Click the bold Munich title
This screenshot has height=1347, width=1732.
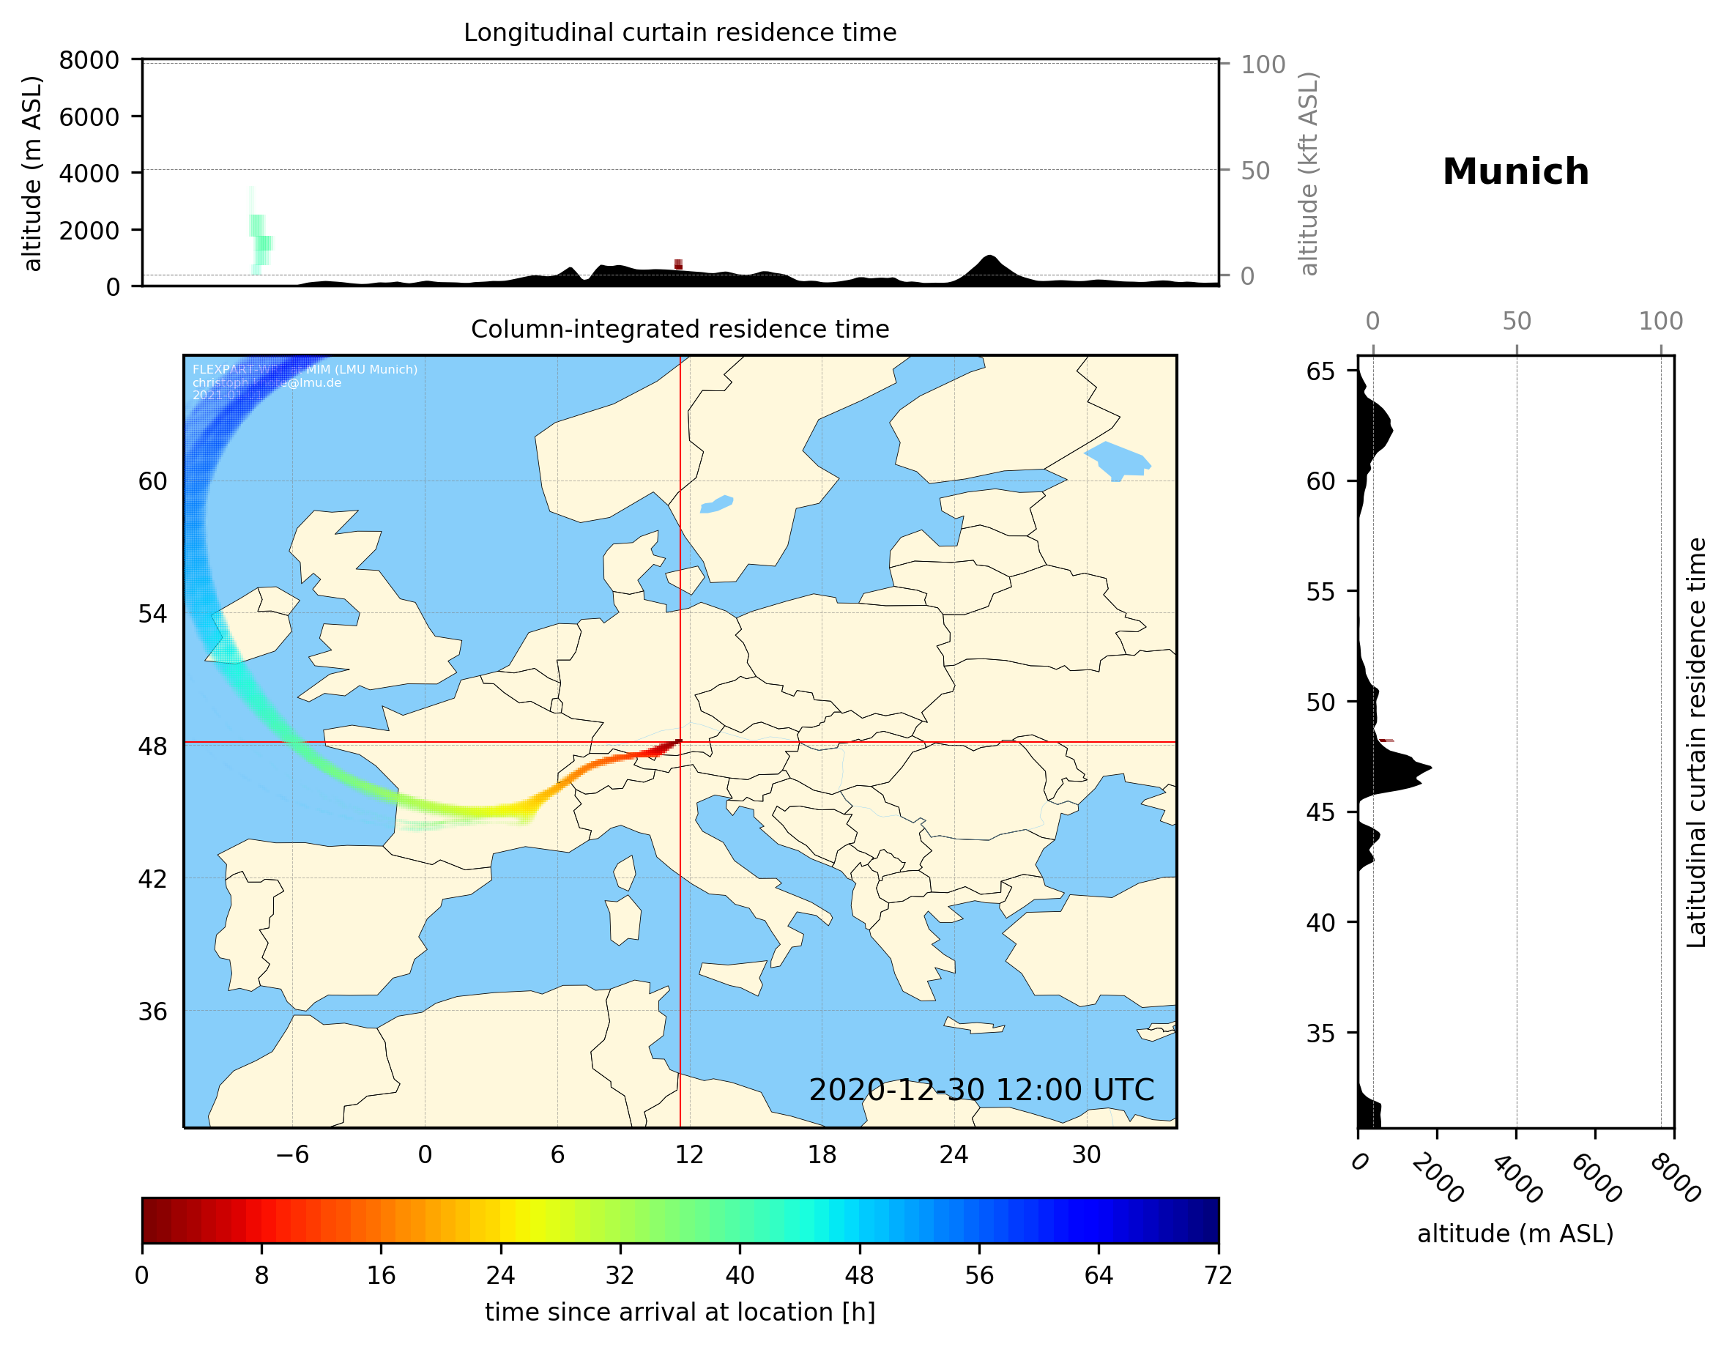(x=1514, y=172)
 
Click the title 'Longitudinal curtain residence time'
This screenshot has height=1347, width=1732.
(x=680, y=32)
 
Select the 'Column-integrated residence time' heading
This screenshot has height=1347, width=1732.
(x=680, y=329)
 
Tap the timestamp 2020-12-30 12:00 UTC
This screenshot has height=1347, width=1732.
(x=981, y=1090)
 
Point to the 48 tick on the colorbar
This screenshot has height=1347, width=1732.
(x=859, y=1276)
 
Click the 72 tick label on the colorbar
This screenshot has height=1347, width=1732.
(x=1217, y=1276)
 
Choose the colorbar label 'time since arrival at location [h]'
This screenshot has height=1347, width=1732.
(x=680, y=1312)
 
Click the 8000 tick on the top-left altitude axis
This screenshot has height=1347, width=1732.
(x=89, y=60)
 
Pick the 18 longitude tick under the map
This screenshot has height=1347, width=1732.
(x=822, y=1154)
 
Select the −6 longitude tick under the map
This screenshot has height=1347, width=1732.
(x=291, y=1154)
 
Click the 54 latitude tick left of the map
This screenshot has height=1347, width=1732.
(x=152, y=614)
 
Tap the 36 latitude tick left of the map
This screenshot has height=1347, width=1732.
(x=152, y=1012)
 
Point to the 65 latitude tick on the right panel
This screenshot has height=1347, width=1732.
(x=1320, y=371)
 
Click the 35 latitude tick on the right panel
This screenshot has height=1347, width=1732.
(x=1320, y=1033)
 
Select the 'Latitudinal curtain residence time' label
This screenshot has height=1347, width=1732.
(x=1695, y=742)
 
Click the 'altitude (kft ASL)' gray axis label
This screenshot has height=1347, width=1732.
(x=1309, y=174)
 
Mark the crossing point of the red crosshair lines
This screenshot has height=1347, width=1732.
(x=680, y=742)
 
